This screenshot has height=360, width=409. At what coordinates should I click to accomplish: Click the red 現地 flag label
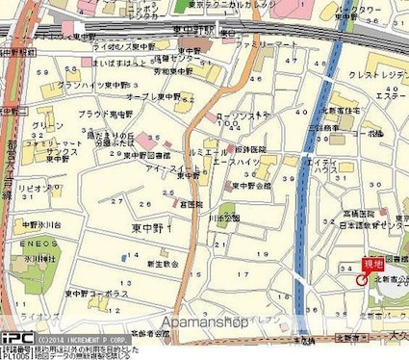[371, 263]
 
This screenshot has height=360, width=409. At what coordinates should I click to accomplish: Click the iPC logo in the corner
[16, 338]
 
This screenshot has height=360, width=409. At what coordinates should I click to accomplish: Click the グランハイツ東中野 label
[92, 86]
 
